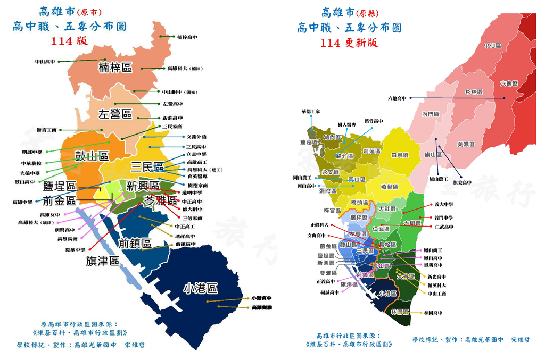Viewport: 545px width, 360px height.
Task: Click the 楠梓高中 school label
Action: (187, 37)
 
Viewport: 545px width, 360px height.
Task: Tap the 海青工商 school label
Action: (47, 130)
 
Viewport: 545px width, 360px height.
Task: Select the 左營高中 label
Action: (172, 104)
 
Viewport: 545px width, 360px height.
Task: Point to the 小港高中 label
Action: (261, 299)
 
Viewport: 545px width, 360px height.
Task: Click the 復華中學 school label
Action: (76, 250)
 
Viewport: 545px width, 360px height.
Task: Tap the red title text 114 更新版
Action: (349, 43)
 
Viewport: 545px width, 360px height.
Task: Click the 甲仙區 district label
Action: (492, 46)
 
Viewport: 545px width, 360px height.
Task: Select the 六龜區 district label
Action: (509, 83)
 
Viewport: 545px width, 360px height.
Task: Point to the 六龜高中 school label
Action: (397, 98)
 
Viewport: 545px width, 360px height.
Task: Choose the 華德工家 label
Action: (310, 112)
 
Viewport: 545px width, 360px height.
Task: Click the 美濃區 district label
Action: (466, 144)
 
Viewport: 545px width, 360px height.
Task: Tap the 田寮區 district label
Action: (400, 155)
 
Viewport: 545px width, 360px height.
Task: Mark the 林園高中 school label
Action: (433, 313)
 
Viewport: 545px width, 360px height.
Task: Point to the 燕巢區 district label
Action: (390, 187)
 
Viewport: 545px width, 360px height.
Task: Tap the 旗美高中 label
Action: (462, 182)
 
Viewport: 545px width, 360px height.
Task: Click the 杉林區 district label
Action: (473, 92)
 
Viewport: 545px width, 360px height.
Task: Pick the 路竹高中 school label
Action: (374, 121)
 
